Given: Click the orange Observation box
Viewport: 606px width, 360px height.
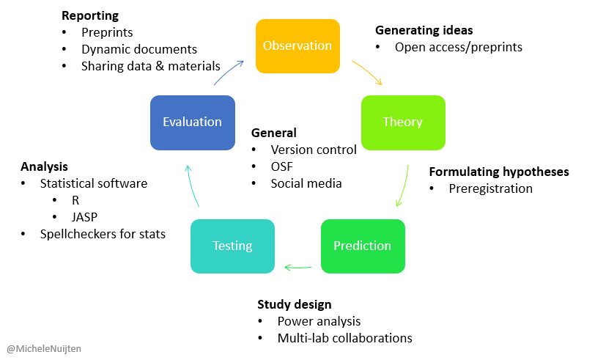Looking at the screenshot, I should click(x=298, y=45).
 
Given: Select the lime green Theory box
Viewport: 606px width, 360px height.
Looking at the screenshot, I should click(x=402, y=122).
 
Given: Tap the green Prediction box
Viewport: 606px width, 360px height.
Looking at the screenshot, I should click(x=362, y=246).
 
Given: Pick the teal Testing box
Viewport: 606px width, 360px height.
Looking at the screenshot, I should click(x=232, y=246).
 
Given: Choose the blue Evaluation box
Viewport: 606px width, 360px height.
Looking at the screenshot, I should click(x=192, y=122).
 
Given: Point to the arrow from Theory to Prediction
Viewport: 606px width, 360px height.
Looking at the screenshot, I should click(x=403, y=187).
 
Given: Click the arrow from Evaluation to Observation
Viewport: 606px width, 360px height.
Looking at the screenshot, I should click(x=229, y=72).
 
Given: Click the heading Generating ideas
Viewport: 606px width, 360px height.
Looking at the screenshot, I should click(x=424, y=30).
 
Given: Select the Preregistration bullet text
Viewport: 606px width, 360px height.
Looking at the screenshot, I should click(x=490, y=188).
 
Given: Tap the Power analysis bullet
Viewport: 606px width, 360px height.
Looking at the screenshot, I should click(x=319, y=321).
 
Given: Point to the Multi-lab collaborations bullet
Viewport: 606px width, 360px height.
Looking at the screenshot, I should click(x=344, y=338).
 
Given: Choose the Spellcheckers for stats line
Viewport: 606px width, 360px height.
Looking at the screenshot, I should click(x=103, y=234).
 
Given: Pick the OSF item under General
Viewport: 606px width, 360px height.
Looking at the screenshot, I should click(x=282, y=166).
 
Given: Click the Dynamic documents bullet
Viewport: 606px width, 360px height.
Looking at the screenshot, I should click(x=139, y=49).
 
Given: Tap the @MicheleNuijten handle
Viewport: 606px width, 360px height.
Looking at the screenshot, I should click(x=44, y=349).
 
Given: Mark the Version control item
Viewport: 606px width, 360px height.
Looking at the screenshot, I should click(x=314, y=150).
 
